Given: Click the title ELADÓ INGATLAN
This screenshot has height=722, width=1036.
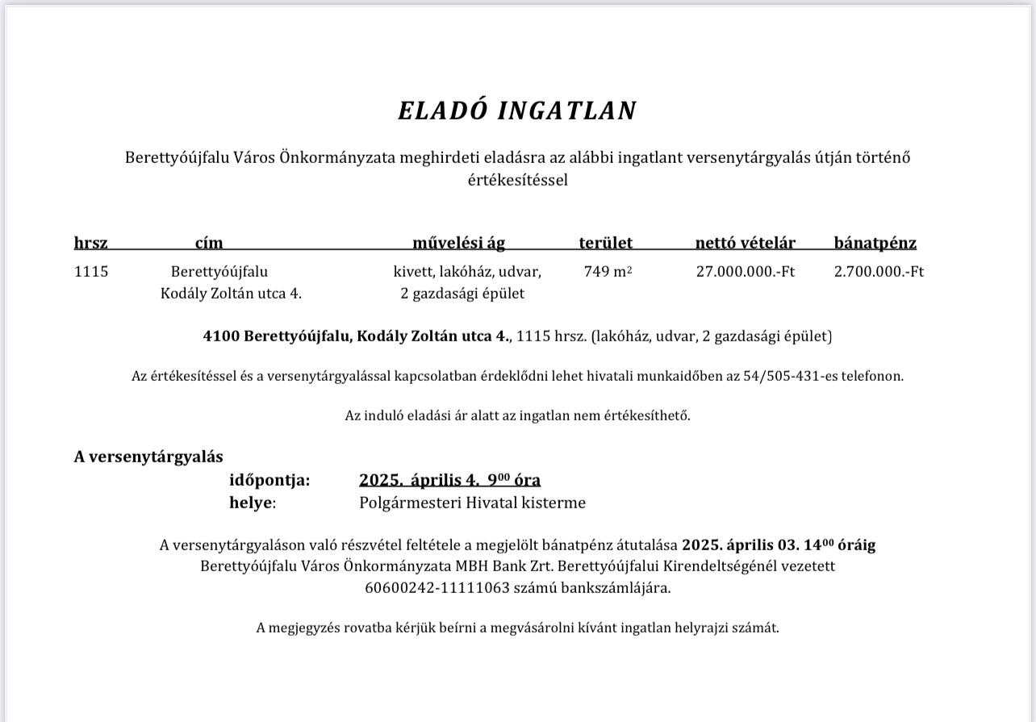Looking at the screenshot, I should (517, 111).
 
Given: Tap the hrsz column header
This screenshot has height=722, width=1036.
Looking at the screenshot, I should (91, 243).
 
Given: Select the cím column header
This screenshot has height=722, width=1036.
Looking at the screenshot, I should (209, 243).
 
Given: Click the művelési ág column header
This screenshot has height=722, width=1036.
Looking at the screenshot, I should (458, 243).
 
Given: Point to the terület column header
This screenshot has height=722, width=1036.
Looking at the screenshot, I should (605, 243).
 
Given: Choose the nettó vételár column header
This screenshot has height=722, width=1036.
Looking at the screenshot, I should (745, 243).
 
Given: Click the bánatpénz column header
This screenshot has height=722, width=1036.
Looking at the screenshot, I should (875, 243).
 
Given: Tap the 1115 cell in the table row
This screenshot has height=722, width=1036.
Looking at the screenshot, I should (91, 272).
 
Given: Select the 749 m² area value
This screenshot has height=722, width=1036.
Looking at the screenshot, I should (608, 272).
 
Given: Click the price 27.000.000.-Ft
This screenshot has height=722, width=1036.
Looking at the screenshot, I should (745, 272).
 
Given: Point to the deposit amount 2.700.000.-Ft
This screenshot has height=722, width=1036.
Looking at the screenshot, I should (879, 272).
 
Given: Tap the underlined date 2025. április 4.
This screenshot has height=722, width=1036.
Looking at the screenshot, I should (420, 481).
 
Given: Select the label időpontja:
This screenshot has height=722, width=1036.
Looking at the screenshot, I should (269, 481).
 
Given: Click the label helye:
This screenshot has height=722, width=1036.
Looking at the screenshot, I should (253, 503).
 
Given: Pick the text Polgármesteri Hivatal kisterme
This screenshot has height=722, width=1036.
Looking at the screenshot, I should (472, 503).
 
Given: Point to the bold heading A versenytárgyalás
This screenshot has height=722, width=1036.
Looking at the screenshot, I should (148, 457).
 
